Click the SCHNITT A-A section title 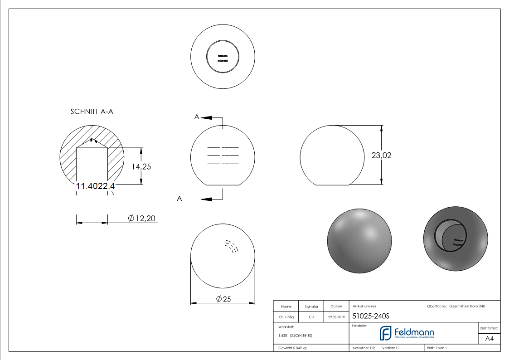tap(92, 112)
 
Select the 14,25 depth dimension tap(141, 166)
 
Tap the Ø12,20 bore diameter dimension tap(142, 219)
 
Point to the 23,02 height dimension tap(381, 155)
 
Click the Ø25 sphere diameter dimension tap(223, 299)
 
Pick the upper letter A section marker tap(197, 117)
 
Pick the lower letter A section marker tap(179, 199)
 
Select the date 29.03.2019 tap(336, 317)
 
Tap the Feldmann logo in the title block tap(407, 334)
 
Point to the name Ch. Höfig tap(286, 317)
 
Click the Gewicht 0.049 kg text tap(293, 348)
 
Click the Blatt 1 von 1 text tap(437, 348)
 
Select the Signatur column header tap(311, 306)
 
